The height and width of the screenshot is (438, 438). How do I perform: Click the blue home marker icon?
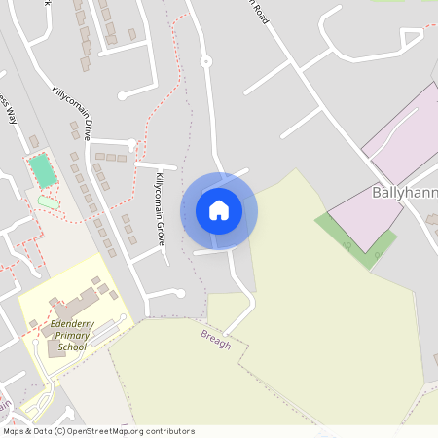219,209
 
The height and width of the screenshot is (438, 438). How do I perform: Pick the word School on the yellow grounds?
72,347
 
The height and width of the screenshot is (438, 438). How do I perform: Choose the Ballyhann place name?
404,193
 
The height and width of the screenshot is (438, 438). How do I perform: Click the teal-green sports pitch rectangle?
42,171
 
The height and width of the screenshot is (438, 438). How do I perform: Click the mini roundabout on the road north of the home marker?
205,62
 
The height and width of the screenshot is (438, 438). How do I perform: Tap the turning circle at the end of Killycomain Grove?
179,292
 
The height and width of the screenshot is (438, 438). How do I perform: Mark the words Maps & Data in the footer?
26,431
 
